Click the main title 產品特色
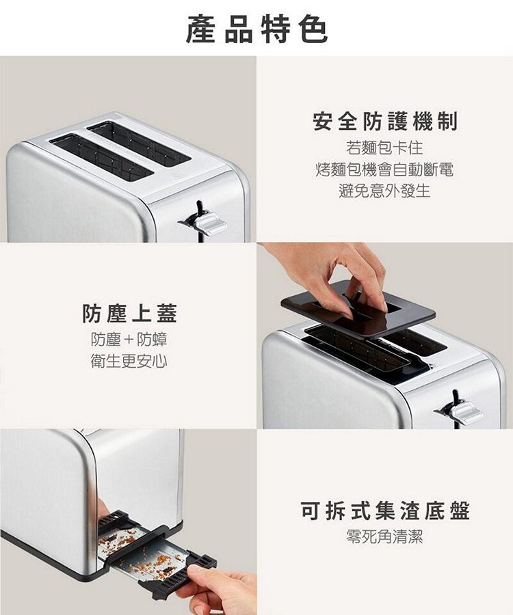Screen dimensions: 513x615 pos(256,29)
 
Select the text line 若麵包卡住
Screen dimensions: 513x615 pos(384,148)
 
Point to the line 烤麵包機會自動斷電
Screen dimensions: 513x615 pos(384,169)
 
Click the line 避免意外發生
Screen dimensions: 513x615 pos(384,191)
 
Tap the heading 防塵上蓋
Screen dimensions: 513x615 pos(129,313)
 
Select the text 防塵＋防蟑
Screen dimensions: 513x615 pos(129,339)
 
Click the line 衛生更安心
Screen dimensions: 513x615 pos(129,361)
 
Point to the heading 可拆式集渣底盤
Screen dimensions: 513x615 pos(385,510)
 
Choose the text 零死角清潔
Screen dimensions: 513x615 pos(384,536)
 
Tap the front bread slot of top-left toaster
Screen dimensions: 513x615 pos(101,158)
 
